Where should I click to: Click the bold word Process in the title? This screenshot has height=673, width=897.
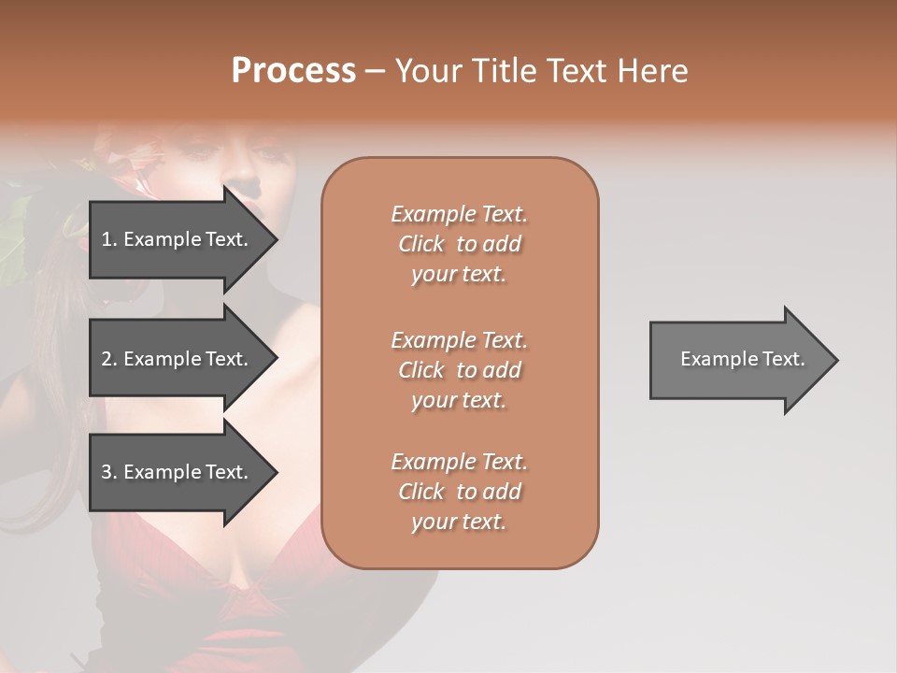click(x=293, y=71)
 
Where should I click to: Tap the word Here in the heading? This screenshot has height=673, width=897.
click(x=651, y=71)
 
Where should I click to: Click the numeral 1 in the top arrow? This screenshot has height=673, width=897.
click(x=106, y=239)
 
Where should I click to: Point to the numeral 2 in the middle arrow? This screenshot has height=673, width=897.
click(x=106, y=359)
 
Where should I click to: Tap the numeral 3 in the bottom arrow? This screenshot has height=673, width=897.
click(x=106, y=472)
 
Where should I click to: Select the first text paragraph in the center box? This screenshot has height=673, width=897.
click(x=460, y=244)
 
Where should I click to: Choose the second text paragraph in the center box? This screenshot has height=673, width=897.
click(x=460, y=370)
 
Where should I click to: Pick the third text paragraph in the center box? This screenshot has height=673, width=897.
click(x=460, y=492)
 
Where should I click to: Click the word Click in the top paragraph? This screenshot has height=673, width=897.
click(x=421, y=244)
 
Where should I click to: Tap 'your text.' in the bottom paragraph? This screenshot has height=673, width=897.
click(x=459, y=522)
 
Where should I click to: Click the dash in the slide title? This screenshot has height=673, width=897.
click(x=376, y=71)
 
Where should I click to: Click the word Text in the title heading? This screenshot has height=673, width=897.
click(x=571, y=71)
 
